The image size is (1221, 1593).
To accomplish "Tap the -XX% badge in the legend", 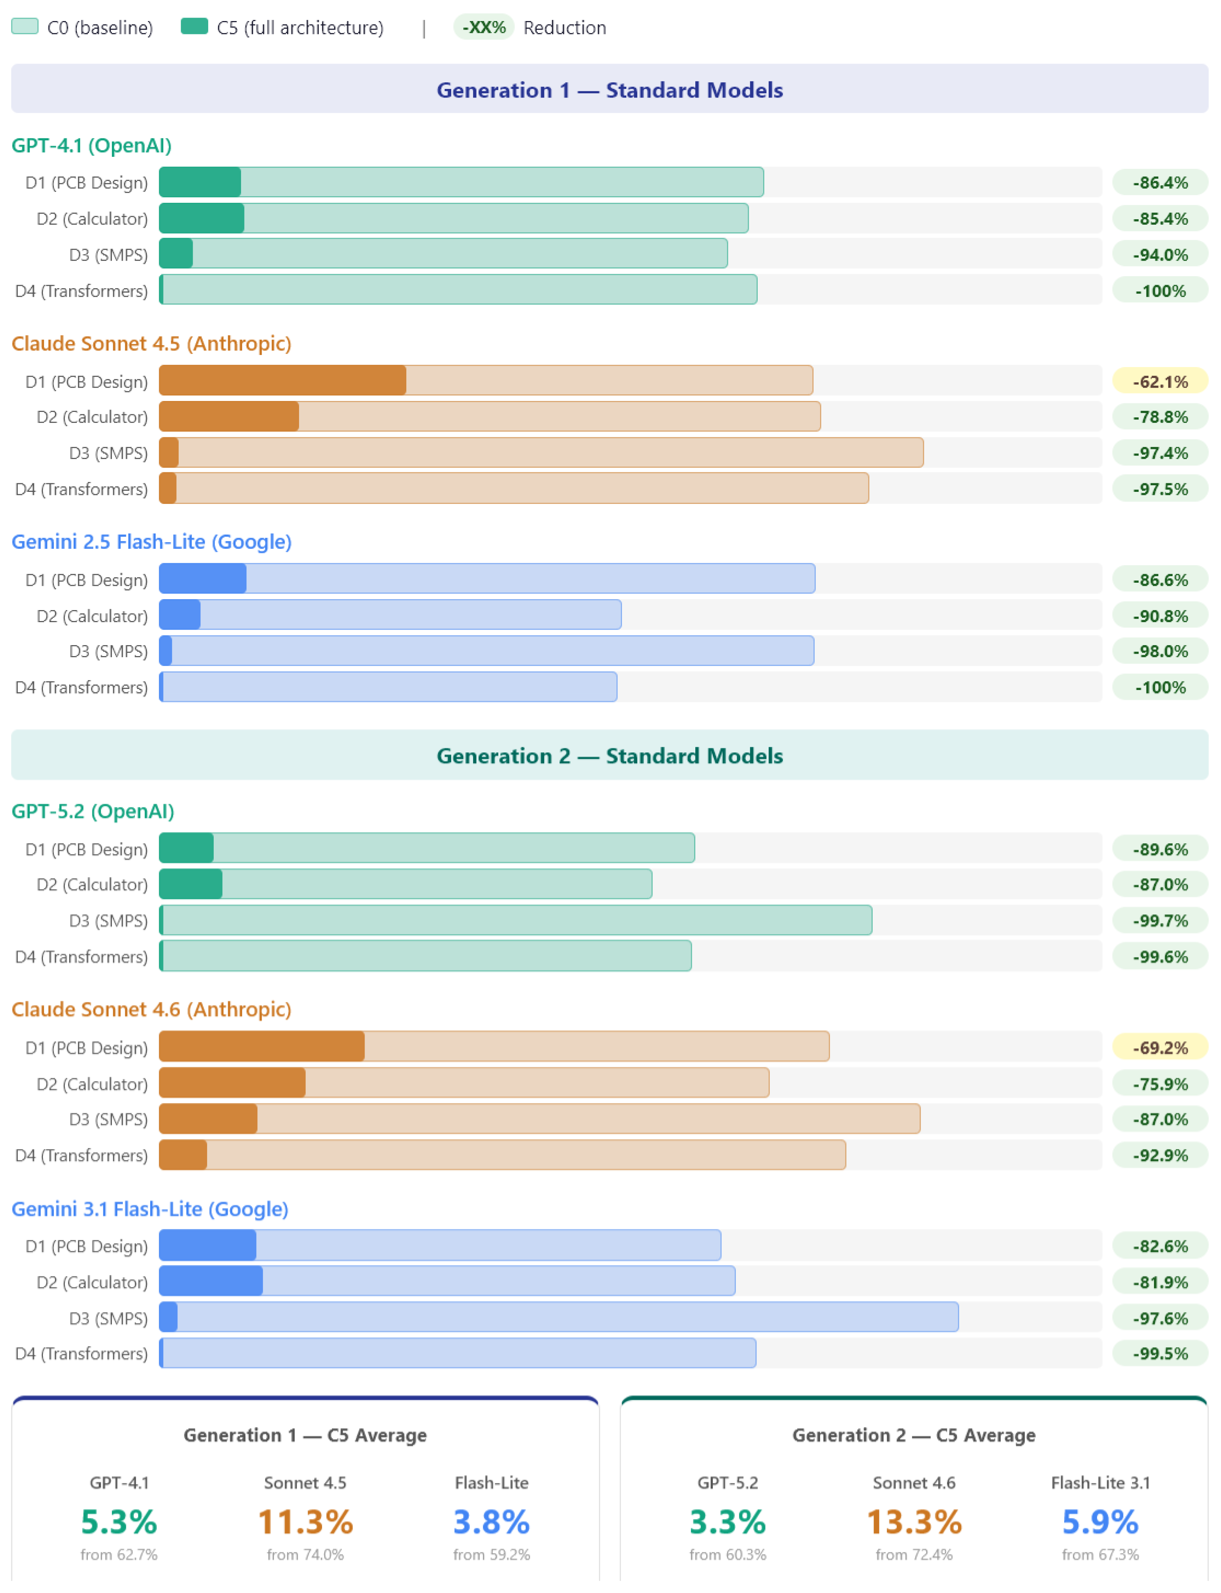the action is (484, 27).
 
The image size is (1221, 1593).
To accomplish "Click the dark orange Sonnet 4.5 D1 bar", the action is (283, 380).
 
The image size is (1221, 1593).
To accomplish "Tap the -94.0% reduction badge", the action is (1160, 254).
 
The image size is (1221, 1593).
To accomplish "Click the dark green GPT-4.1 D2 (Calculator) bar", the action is (201, 218).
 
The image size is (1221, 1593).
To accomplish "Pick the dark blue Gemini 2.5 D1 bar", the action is (203, 578).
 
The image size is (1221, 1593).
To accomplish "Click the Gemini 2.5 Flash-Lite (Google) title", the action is (151, 541).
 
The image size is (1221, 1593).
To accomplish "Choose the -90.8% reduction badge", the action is (1160, 616).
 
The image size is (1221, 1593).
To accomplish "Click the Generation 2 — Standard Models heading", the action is (610, 756).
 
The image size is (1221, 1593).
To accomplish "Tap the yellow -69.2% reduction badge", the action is (1160, 1047).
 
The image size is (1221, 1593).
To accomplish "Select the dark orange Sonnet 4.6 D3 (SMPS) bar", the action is (208, 1118).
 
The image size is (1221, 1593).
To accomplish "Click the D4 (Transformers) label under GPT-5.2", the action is (82, 956).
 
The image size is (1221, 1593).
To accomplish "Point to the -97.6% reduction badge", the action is (1160, 1318).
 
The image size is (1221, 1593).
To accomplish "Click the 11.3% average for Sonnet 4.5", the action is (305, 1521).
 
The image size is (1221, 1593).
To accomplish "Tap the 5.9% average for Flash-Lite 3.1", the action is (1100, 1521).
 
